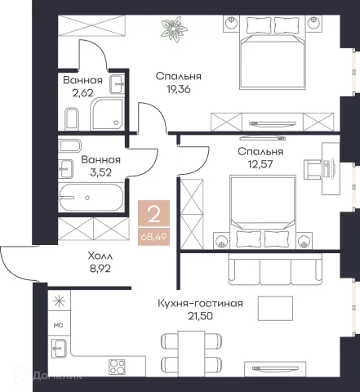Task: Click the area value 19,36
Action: coord(179,89)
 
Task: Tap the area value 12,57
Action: coord(260,164)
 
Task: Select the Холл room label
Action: coord(100,256)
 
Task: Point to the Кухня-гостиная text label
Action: coord(200,303)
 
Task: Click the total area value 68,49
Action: coord(153,237)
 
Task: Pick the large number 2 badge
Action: coord(153,214)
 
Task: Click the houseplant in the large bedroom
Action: coord(174,29)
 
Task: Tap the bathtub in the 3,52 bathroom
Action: coord(91,198)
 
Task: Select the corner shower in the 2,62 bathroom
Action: coord(107,114)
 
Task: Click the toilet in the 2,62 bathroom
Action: coord(72,119)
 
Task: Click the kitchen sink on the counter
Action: coord(59,348)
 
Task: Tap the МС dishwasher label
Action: coord(58,325)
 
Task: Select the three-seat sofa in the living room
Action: coord(275,269)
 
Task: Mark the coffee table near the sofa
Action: coord(275,309)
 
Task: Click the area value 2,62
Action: coord(82,93)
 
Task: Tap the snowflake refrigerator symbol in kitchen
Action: coord(59,301)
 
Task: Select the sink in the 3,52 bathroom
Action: coord(66,169)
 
